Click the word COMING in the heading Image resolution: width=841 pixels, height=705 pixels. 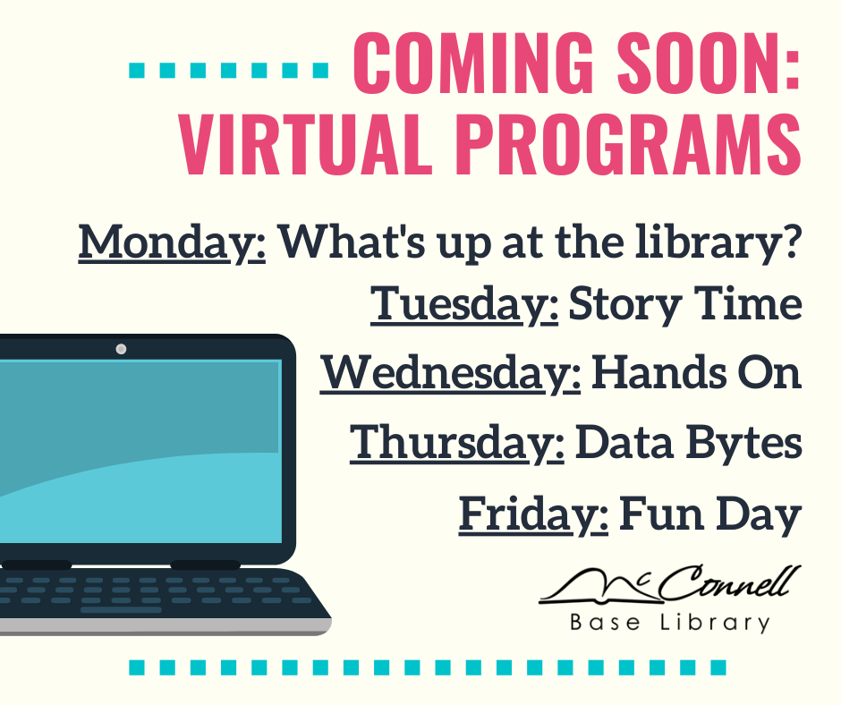click(473, 63)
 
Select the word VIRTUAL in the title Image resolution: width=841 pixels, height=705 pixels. click(305, 144)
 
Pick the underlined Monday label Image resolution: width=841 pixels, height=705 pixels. click(172, 243)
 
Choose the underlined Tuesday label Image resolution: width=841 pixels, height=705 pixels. click(464, 304)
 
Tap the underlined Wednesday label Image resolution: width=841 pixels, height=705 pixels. click(451, 373)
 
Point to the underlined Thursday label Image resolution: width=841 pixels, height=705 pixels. click(457, 443)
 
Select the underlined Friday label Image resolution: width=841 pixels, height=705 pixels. click(533, 514)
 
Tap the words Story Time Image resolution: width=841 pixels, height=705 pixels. click(685, 304)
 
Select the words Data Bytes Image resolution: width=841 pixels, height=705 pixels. click(688, 443)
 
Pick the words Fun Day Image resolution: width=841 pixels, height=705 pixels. click(710, 514)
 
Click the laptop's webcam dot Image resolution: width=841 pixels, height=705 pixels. click(121, 349)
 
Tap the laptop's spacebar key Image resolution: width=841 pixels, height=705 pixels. click(121, 610)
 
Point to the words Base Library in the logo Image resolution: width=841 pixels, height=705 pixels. click(670, 624)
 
